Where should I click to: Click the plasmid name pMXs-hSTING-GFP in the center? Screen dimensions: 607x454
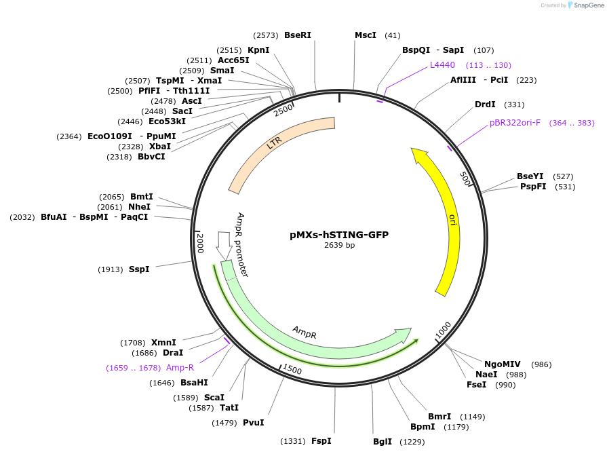coord(339,235)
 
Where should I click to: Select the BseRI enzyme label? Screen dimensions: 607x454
coord(298,35)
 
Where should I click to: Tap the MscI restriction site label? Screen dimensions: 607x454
coord(366,35)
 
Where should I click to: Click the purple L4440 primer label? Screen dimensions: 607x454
coord(442,65)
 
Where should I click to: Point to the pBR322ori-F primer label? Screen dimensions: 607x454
coord(515,123)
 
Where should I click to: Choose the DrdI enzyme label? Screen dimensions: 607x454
coord(485,105)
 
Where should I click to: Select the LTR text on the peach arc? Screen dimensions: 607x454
coord(274,143)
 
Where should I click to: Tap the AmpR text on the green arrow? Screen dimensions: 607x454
coord(305,333)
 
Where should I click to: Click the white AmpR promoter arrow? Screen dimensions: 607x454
coord(224,245)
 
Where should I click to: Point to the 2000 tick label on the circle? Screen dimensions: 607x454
coord(200,243)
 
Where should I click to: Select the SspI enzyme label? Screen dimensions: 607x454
coord(139,269)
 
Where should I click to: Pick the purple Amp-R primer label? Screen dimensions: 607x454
coord(180,368)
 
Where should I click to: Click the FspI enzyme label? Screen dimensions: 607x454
coord(321,441)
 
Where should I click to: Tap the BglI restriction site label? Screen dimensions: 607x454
coord(383,442)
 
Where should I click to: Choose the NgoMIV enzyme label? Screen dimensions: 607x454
coord(503,364)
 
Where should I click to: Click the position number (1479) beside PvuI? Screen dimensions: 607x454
coord(224,423)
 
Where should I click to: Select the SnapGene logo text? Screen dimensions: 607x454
coord(589,5)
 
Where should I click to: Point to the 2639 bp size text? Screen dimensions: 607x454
coord(340,245)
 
